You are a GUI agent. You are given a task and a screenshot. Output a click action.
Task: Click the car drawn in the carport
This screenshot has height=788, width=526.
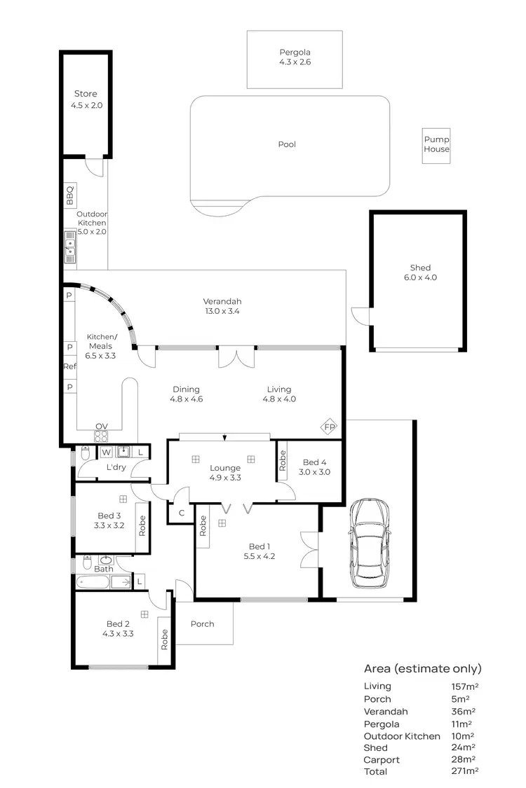point(370,544)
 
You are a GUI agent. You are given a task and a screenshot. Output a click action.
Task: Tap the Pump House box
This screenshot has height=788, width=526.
point(436,145)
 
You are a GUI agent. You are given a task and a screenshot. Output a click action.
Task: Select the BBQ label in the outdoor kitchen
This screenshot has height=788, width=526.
point(69,195)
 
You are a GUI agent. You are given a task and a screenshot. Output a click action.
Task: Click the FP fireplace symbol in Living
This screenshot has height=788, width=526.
point(329,427)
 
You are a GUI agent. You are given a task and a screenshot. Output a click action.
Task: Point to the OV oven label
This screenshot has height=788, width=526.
point(101,427)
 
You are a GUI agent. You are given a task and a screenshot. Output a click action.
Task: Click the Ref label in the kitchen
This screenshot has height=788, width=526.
point(69,366)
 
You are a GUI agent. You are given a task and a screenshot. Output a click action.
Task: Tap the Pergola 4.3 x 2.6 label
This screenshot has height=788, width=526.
point(295,57)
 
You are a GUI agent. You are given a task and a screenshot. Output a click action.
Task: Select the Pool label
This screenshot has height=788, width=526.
point(287,144)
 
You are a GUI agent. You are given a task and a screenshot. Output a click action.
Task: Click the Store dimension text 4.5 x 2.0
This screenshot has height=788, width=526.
point(86,106)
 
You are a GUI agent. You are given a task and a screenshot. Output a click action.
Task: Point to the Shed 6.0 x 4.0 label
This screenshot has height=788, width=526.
point(420,272)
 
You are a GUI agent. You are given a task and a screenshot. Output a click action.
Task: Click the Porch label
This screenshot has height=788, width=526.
point(202,624)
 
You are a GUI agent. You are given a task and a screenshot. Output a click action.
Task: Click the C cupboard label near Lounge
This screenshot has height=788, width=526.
point(182,513)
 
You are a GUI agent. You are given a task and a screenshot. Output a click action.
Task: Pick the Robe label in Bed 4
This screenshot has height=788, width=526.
point(283,462)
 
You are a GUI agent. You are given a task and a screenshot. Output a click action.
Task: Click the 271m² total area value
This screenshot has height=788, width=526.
point(464,771)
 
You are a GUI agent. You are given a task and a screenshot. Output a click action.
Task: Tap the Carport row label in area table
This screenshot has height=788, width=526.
point(382,759)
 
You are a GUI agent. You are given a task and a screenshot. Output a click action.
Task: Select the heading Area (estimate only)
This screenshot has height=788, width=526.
point(422,669)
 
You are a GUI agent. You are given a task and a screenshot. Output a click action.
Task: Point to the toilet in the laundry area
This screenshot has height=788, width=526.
point(85,454)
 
